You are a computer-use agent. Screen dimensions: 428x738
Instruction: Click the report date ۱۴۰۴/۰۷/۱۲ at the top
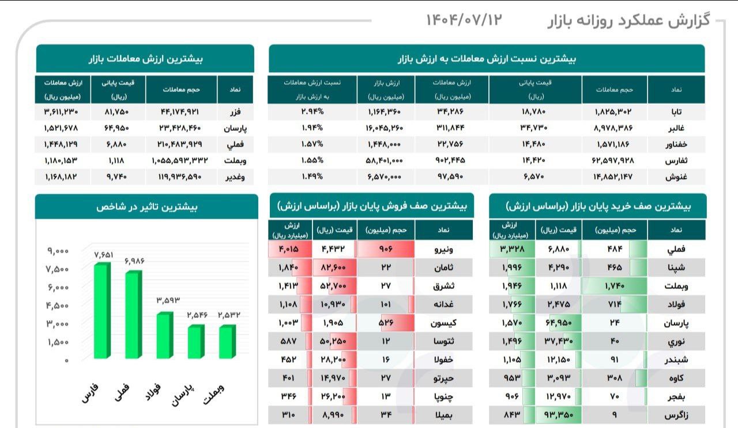[464, 20]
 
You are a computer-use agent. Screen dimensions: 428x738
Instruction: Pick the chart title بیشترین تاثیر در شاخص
[146, 207]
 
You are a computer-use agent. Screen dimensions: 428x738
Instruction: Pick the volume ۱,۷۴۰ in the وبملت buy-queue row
[614, 286]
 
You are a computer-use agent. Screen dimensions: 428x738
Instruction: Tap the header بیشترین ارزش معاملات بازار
[145, 59]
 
